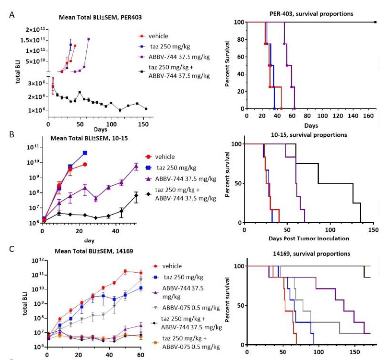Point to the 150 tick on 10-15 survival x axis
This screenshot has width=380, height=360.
(x=374, y=230)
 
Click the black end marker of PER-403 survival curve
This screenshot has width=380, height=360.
(x=375, y=22)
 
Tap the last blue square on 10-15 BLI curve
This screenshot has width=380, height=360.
(x=85, y=153)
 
